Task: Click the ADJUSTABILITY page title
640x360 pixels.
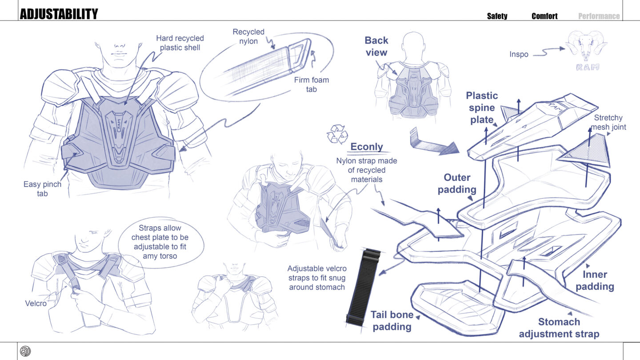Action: [59, 14]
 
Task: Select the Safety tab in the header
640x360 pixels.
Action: [497, 16]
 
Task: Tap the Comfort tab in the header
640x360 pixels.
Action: [544, 16]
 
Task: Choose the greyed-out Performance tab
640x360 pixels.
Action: [599, 16]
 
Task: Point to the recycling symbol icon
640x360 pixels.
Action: [337, 134]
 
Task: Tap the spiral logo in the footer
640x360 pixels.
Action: [25, 351]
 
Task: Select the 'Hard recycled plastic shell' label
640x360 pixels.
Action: [180, 43]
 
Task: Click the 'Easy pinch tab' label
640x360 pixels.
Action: [42, 188]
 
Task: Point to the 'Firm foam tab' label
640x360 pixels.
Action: [312, 84]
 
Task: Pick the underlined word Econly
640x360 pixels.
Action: [367, 147]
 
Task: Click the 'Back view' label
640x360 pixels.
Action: [376, 46]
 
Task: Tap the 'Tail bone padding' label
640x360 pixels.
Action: [392, 321]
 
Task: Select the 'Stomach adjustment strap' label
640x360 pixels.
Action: [559, 328]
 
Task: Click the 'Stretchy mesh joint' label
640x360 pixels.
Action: [608, 122]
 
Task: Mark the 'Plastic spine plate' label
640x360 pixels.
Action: [482, 108]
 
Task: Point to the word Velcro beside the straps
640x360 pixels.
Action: [36, 304]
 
